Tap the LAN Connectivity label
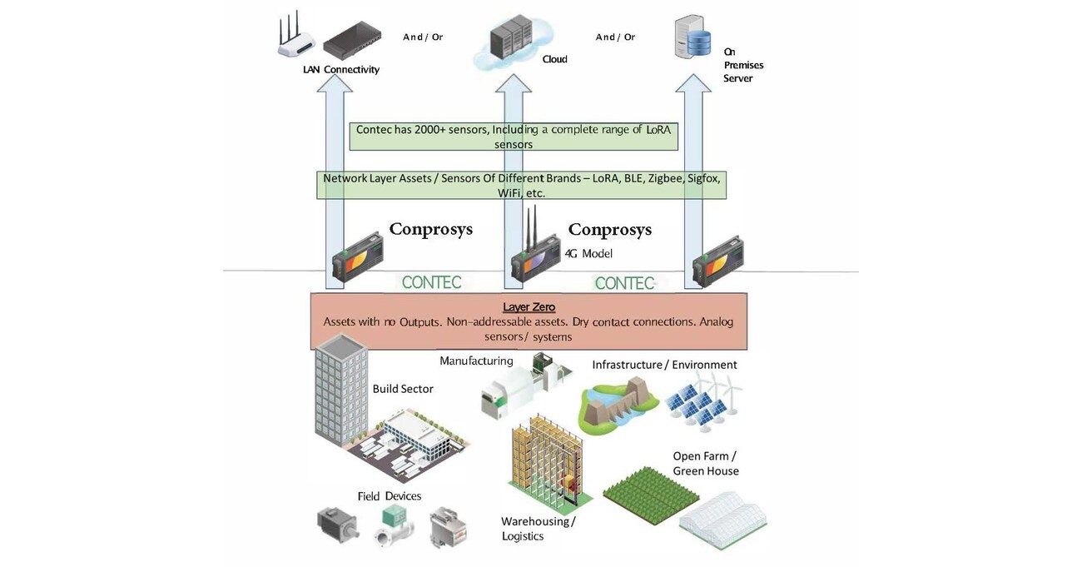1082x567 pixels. coord(340,70)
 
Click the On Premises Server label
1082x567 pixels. coord(742,65)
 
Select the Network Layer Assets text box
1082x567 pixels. coord(521,185)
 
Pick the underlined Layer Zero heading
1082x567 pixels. coord(529,307)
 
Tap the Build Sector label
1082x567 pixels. coord(403,389)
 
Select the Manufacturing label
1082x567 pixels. coord(476,361)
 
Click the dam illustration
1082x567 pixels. coord(618,404)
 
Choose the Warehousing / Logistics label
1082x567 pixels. coord(538,529)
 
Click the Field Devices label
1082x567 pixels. coord(389,496)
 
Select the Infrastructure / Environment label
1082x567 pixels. coord(664,365)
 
